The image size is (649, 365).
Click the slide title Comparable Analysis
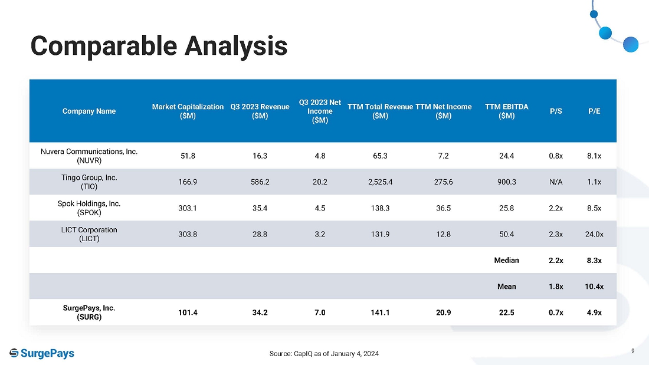(159, 46)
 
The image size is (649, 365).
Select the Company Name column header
(89, 111)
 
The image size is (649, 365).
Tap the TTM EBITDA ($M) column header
(507, 111)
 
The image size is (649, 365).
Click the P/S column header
(556, 111)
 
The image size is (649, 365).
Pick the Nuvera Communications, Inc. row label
(89, 156)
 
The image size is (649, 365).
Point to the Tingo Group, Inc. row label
(89, 182)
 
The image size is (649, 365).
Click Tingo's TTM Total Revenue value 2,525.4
(380, 182)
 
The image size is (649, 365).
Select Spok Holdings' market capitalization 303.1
(188, 208)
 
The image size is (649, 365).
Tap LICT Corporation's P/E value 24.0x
(594, 234)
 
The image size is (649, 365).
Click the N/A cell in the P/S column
(556, 182)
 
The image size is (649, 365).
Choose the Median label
(507, 260)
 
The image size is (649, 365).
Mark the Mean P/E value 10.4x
(594, 287)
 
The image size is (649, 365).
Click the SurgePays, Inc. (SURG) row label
(89, 313)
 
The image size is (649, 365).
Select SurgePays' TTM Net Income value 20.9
(443, 313)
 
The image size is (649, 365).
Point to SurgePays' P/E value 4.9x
(594, 313)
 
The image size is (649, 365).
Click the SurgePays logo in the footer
(42, 353)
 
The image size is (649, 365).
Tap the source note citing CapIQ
(324, 353)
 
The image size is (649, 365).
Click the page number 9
(633, 351)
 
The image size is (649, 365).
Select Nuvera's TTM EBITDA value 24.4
(507, 156)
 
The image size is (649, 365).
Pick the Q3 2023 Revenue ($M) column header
(260, 111)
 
